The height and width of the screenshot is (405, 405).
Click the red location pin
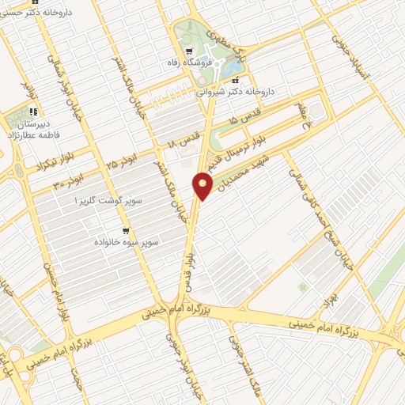pos(203,187)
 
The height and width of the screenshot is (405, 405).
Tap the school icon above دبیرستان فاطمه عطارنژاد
pos(33,112)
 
